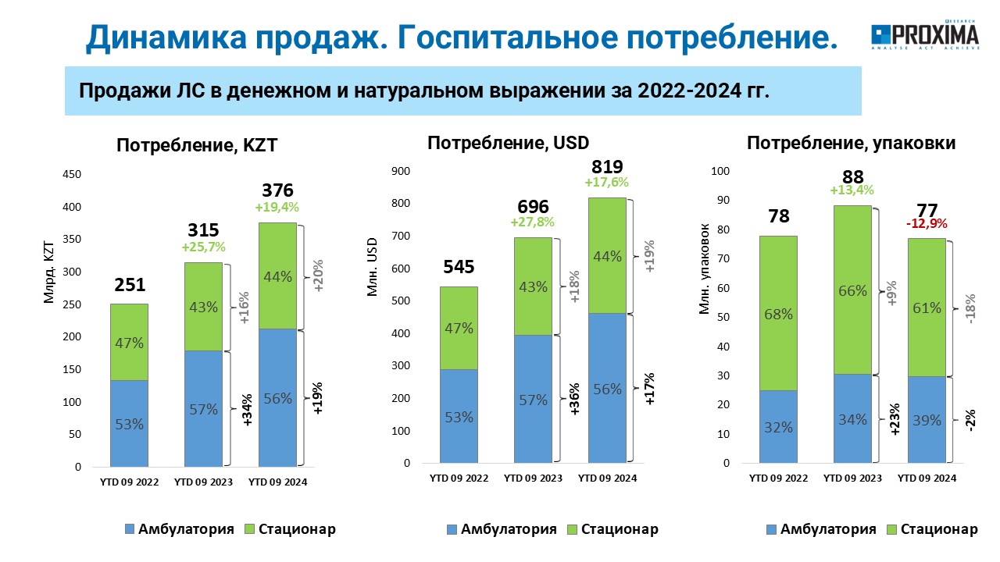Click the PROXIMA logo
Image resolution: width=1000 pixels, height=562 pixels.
tap(925, 35)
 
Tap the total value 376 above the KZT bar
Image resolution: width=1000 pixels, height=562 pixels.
tap(277, 190)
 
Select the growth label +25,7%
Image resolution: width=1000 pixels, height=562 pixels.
tap(204, 247)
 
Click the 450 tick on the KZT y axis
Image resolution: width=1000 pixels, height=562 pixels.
tap(72, 174)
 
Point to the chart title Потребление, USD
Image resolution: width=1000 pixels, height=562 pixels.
tap(508, 143)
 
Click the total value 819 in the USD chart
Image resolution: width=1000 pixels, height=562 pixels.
tap(607, 167)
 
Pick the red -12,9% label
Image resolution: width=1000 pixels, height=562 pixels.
tap(927, 223)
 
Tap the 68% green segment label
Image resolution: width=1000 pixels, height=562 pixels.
tap(779, 315)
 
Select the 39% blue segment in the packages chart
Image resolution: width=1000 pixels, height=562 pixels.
tap(927, 420)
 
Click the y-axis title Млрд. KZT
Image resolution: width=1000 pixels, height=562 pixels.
tap(48, 272)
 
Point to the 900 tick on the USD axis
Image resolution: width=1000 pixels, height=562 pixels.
tap(401, 171)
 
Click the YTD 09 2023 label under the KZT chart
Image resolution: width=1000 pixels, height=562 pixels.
tap(204, 482)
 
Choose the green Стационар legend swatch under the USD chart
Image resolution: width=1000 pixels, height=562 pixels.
tap(573, 529)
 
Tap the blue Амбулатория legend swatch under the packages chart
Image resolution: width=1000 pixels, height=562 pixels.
tap(771, 529)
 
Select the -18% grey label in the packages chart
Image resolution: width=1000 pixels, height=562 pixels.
tap(970, 308)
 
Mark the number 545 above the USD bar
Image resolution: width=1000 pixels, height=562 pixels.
tap(459, 267)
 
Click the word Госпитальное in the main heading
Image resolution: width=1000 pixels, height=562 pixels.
tap(508, 37)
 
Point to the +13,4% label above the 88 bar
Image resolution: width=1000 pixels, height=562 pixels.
tap(852, 190)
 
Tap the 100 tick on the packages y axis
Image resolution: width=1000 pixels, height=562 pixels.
tap(720, 171)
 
